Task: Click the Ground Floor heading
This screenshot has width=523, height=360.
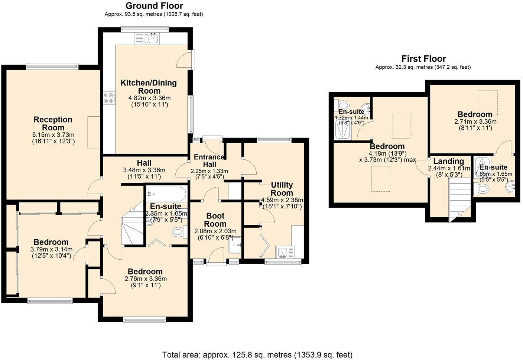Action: click(154, 6)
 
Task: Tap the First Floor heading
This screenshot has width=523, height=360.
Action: click(423, 59)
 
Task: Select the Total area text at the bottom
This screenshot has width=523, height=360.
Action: click(257, 354)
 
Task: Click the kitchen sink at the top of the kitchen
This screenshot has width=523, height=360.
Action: click(152, 38)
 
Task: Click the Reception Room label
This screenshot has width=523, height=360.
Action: click(53, 123)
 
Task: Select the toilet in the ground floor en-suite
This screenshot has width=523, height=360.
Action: click(178, 233)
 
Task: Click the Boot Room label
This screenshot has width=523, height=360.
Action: click(215, 220)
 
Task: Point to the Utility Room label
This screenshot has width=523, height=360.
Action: click(282, 189)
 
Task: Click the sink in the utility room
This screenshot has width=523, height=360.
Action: click(285, 252)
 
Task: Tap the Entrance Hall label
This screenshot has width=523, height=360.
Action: click(209, 160)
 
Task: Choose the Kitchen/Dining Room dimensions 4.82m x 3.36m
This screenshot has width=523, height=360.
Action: click(149, 98)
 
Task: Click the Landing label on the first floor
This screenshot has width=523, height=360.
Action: click(448, 161)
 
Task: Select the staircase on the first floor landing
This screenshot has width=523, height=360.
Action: click(460, 199)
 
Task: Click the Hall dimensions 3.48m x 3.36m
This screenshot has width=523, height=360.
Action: click(144, 170)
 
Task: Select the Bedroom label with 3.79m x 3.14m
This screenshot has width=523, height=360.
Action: click(51, 242)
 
